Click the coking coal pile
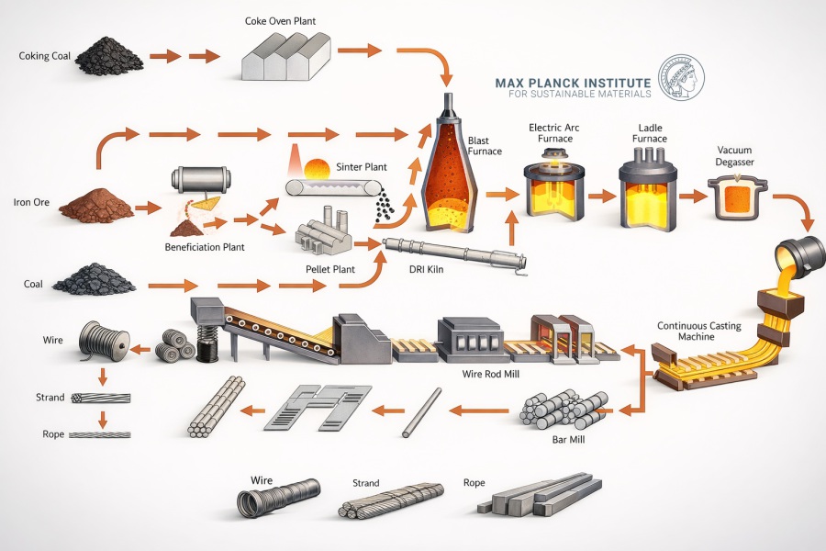coord(109,57)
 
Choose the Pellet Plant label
coord(328,270)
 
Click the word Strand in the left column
coord(50,398)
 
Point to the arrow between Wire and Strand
coord(102,375)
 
